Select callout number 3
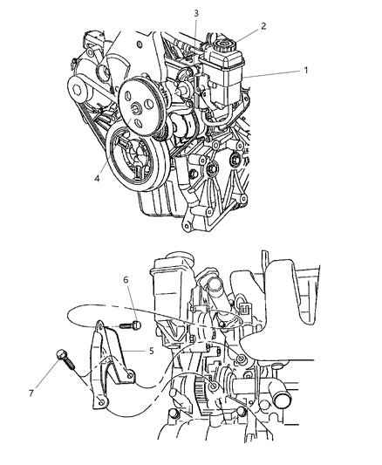coord(196,13)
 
